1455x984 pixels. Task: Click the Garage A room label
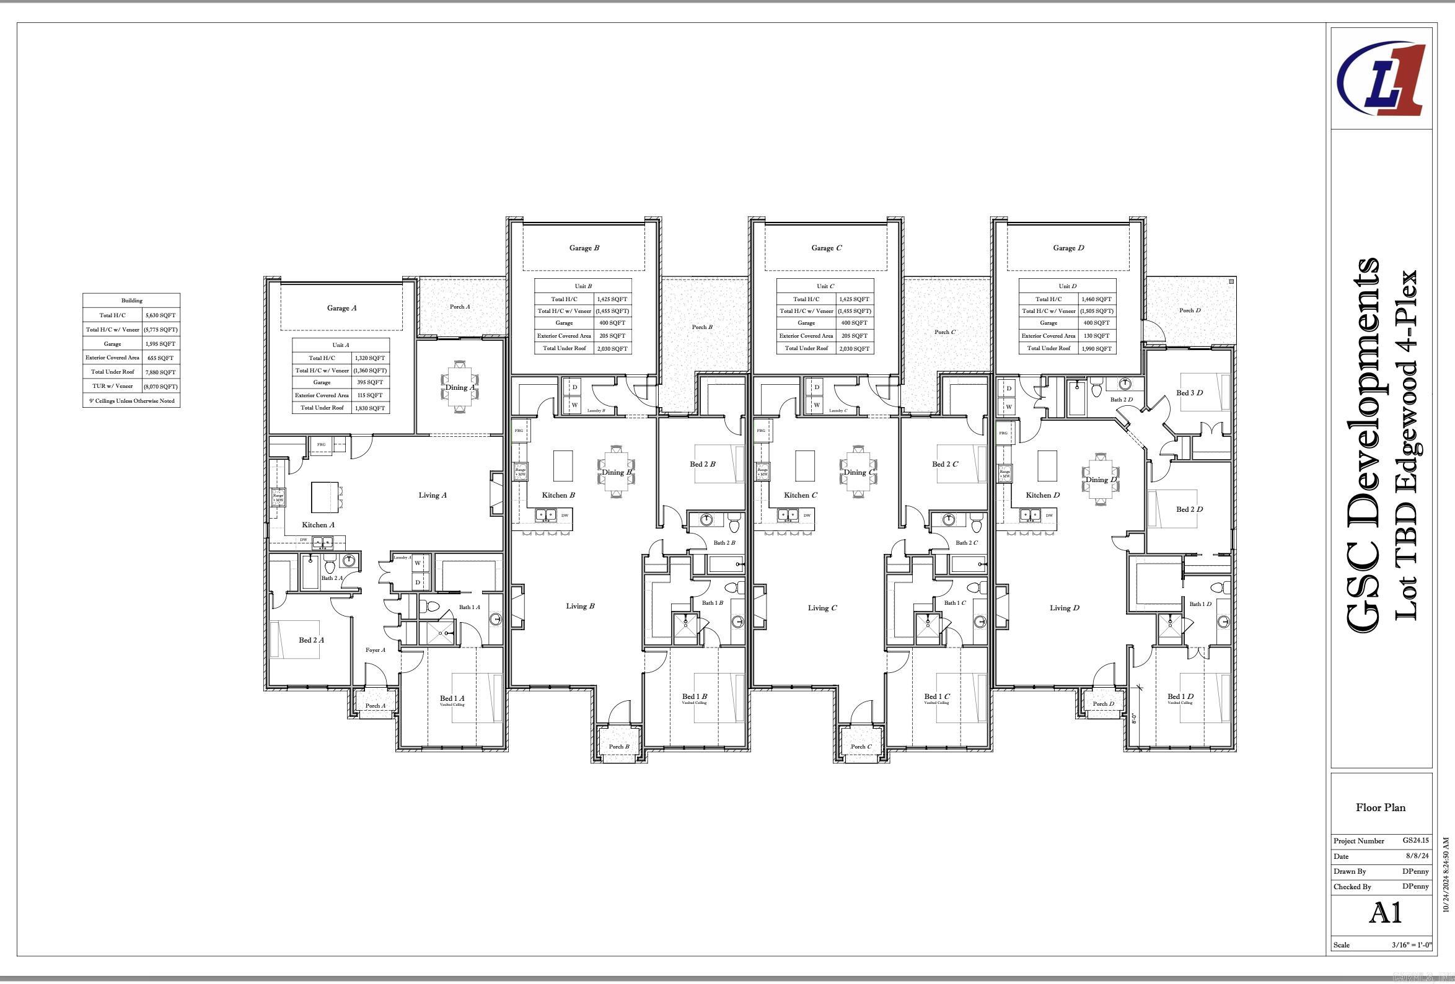[341, 308]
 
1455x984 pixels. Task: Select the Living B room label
[580, 606]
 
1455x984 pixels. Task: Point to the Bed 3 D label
[1189, 393]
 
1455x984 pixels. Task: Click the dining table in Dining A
[460, 387]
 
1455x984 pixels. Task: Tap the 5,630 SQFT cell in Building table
[160, 315]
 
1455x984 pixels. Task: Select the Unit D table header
[1068, 286]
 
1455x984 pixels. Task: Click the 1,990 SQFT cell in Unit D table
[1096, 349]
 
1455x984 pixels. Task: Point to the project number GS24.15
[1415, 841]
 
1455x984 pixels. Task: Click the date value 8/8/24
[1418, 856]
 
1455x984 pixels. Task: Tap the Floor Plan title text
[1381, 807]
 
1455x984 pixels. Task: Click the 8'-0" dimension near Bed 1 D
[1134, 718]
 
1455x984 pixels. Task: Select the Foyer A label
[375, 651]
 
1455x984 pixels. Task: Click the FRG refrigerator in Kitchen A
[321, 445]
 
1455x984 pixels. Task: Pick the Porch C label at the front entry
[861, 747]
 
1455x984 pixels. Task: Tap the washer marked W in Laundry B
[574, 405]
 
